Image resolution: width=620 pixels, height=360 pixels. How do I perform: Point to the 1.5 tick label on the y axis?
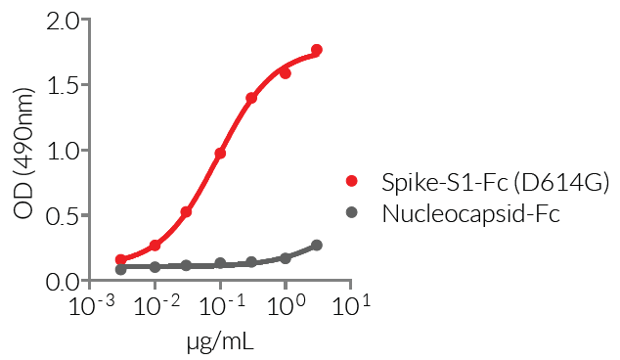tap(65, 86)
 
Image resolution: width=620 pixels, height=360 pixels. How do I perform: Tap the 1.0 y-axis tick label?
tap(65, 152)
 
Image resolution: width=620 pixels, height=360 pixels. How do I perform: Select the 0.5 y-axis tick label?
tap(65, 216)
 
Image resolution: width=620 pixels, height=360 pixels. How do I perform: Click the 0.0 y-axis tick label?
tap(65, 282)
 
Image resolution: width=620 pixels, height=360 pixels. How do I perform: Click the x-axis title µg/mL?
tap(220, 342)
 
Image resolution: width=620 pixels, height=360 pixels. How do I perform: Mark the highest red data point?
tap(317, 50)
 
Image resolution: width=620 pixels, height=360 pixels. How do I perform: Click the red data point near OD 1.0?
tap(220, 154)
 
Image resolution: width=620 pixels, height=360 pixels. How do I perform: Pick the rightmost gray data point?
tap(317, 246)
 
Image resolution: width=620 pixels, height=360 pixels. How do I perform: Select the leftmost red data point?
tap(120, 260)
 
